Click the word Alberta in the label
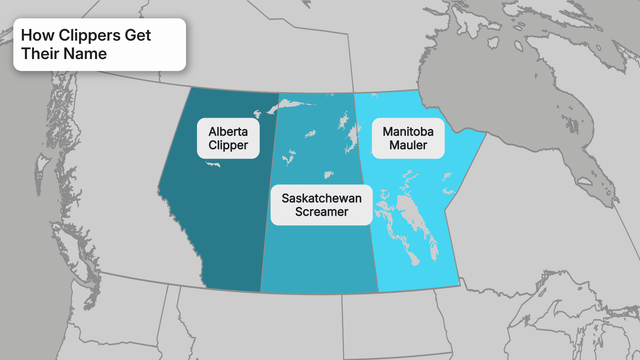coord(229,130)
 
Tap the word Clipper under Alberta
coord(229,146)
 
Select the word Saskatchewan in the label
coord(322,198)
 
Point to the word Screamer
coord(322,214)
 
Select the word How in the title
coord(36,34)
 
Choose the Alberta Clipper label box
coord(229,138)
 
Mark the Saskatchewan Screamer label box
coord(322,206)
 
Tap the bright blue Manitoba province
coord(440,180)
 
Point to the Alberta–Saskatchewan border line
coord(269,200)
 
